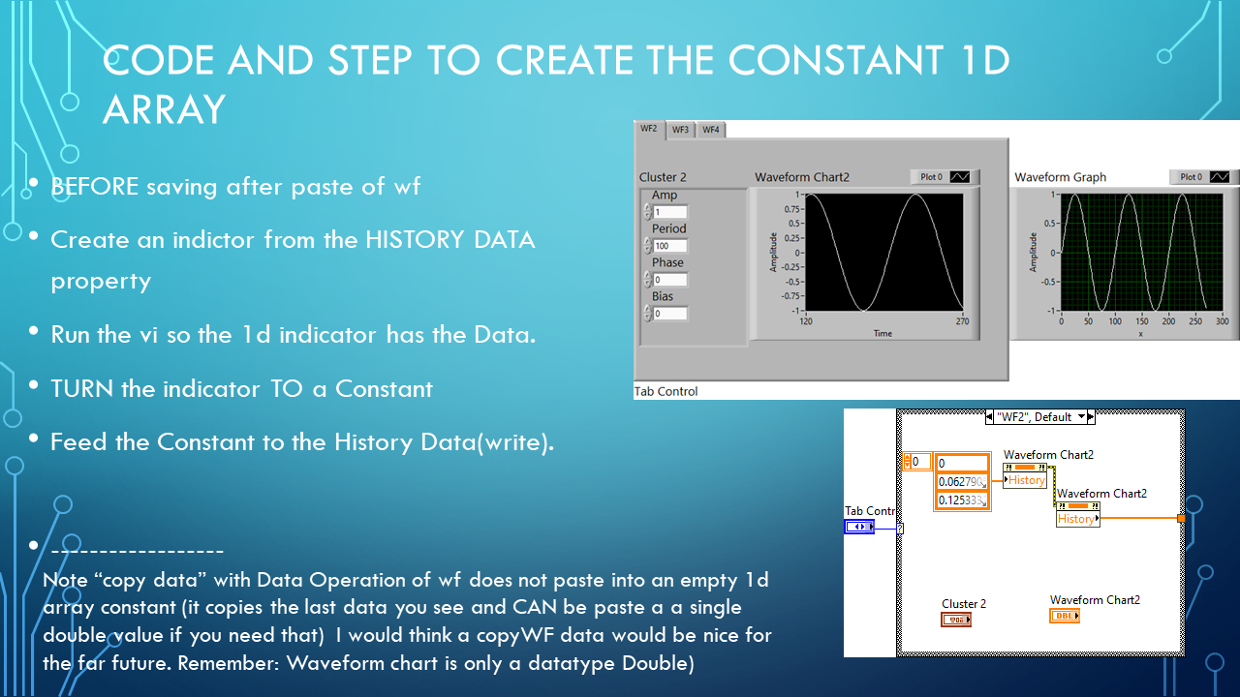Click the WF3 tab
[x=680, y=130]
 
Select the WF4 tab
[x=711, y=130]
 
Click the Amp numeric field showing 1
[x=669, y=212]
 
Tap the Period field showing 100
[x=669, y=246]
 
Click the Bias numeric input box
[x=669, y=314]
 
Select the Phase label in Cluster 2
[x=667, y=262]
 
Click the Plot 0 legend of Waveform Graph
[x=1204, y=177]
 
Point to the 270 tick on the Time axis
[x=963, y=320]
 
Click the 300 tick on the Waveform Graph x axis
[x=1222, y=320]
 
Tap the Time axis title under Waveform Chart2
[x=883, y=332]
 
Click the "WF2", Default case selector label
[x=1034, y=417]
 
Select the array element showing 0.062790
[x=961, y=481]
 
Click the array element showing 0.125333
[x=961, y=500]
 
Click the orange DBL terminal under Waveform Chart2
[x=1065, y=616]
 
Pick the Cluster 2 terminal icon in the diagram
[x=955, y=619]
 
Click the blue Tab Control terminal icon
[x=858, y=527]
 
